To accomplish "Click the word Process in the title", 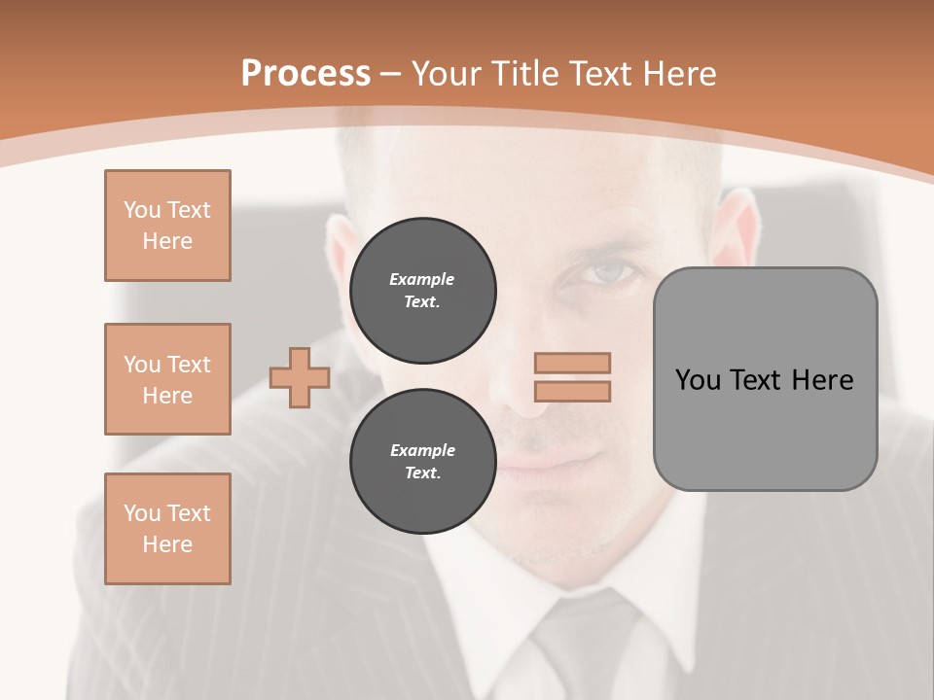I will (305, 74).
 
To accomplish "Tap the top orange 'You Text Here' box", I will (167, 226).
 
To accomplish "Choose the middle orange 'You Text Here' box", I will (167, 379).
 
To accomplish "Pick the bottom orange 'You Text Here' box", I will (167, 529).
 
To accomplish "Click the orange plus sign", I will (299, 377).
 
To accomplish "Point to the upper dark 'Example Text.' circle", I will (422, 291).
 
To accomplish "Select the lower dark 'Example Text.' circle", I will (422, 462).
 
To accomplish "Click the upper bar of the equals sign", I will (572, 363).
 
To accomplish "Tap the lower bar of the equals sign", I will (572, 391).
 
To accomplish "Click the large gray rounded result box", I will (765, 379).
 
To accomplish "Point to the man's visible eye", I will (613, 275).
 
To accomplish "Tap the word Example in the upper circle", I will (421, 279).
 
